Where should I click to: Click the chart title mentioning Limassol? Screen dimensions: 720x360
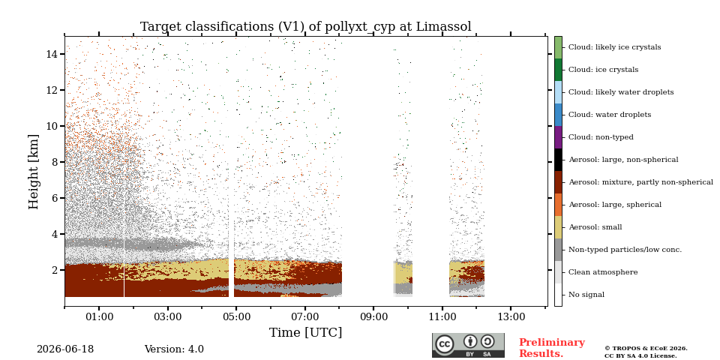click(306, 27)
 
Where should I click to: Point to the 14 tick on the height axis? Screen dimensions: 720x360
click(63, 54)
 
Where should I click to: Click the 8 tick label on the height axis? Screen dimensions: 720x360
click(54, 162)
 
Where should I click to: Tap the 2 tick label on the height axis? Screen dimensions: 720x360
click(54, 270)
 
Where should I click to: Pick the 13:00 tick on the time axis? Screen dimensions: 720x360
click(511, 308)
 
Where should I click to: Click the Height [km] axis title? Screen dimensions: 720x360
click(34, 172)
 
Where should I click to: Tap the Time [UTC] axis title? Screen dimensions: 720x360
click(305, 332)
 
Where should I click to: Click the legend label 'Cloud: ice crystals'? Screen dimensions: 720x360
click(603, 70)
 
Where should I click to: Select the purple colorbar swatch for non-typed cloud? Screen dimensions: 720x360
click(558, 137)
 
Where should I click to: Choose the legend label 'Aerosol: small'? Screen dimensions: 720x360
click(595, 227)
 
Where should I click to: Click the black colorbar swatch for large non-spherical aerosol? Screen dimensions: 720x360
click(558, 160)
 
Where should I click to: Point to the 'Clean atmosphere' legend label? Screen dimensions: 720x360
click(603, 272)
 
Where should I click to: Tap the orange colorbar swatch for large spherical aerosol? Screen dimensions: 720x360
click(558, 205)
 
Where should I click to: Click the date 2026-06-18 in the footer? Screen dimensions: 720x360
click(65, 349)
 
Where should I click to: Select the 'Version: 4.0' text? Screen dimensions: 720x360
click(174, 349)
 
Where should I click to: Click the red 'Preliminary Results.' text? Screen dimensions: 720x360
click(552, 348)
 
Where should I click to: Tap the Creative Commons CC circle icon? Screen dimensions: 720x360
click(445, 344)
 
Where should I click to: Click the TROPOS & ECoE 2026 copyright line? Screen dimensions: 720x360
click(646, 349)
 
